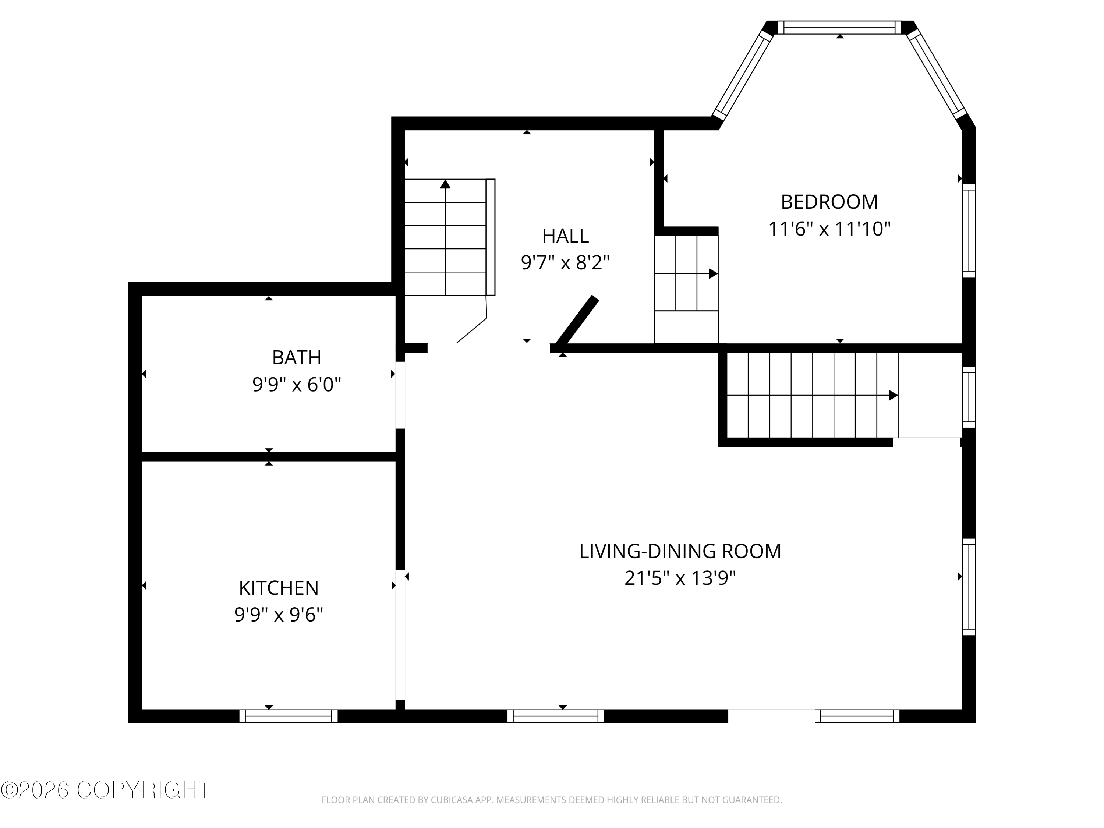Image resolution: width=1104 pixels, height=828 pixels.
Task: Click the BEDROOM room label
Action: pos(829,202)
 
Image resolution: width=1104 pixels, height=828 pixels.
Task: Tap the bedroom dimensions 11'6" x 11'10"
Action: pos(829,229)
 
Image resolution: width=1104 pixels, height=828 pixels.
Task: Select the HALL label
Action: pos(566,236)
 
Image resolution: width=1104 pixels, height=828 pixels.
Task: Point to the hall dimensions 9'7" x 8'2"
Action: pos(566,262)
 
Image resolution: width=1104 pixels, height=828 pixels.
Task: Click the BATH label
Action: pos(297,357)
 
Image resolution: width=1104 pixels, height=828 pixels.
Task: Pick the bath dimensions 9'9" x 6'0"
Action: pos(297,385)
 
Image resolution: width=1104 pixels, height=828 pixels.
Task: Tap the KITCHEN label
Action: pos(279,588)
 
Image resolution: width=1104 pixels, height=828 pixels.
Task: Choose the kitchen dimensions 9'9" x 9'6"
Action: pos(279,615)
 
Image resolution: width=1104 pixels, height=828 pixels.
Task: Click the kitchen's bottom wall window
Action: pos(289,716)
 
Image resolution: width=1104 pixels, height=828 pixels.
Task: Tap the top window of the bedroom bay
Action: pos(840,28)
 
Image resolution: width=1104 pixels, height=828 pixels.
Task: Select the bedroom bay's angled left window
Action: pos(743,75)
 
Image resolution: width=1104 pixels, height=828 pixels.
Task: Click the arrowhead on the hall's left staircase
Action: pos(445,184)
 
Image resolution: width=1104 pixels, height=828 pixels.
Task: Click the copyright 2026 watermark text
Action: pos(106,790)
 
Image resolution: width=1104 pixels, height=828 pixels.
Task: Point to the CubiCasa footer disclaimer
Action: pos(552,800)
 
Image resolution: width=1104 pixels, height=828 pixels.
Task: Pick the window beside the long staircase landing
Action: pos(969,397)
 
